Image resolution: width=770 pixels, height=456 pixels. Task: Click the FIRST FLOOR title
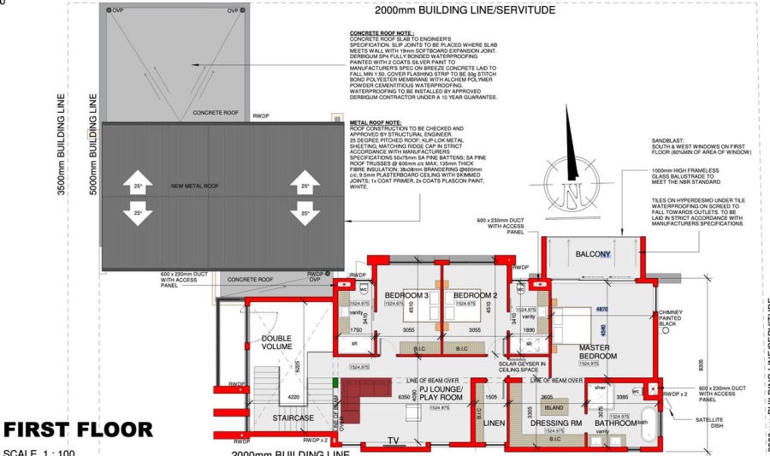pyautogui.click(x=79, y=429)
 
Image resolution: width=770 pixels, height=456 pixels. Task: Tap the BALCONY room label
pyautogui.click(x=592, y=254)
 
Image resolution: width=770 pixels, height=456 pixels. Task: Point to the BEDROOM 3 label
pyautogui.click(x=406, y=295)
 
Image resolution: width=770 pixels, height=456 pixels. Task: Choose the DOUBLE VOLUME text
pyautogui.click(x=276, y=343)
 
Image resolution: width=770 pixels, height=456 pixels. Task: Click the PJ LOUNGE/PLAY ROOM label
pyautogui.click(x=441, y=393)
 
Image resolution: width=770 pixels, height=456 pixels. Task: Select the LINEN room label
pyautogui.click(x=494, y=423)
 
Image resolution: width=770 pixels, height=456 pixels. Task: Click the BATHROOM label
pyautogui.click(x=616, y=423)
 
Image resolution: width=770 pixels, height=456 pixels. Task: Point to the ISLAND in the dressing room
pyautogui.click(x=554, y=408)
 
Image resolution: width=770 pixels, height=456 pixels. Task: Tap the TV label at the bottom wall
pyautogui.click(x=394, y=441)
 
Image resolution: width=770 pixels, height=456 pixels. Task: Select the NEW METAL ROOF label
pyautogui.click(x=196, y=186)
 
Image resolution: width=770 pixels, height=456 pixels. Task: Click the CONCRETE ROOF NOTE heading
pyautogui.click(x=382, y=33)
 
